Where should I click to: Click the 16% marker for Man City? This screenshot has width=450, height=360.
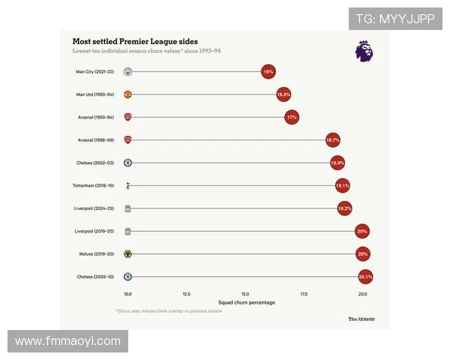point(268,72)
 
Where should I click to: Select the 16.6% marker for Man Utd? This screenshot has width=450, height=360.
point(283,95)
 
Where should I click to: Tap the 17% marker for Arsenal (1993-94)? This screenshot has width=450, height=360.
point(292,118)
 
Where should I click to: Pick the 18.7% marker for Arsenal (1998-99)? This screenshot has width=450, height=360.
point(333,140)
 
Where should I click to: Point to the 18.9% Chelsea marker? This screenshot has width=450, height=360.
point(337,163)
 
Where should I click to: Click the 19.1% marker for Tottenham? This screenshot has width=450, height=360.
point(343,185)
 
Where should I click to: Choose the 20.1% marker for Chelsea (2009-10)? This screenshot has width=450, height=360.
point(365,277)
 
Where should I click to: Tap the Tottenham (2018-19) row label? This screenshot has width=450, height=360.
point(93,185)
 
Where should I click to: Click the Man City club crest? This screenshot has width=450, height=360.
point(128,72)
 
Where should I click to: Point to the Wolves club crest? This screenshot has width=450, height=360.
point(128,254)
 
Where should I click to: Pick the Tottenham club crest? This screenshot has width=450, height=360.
point(128,185)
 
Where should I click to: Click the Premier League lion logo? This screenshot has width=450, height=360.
point(364,51)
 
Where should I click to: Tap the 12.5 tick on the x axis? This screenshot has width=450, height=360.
point(187,294)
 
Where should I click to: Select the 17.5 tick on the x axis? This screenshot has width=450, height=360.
point(304,294)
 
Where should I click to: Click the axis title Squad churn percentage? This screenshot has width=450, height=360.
point(245,302)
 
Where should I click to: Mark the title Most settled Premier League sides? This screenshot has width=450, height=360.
point(135,41)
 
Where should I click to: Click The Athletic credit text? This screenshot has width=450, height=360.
point(361,319)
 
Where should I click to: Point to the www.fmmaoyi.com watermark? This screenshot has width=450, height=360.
point(67,341)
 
